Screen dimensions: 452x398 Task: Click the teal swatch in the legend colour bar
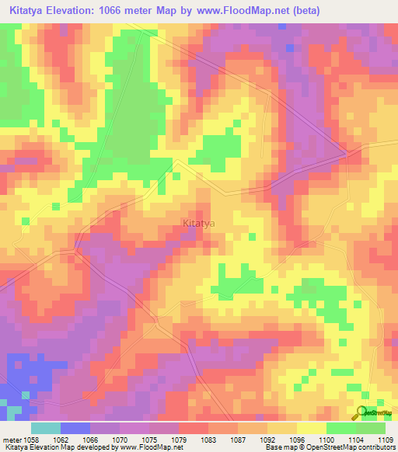pos(46,428)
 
